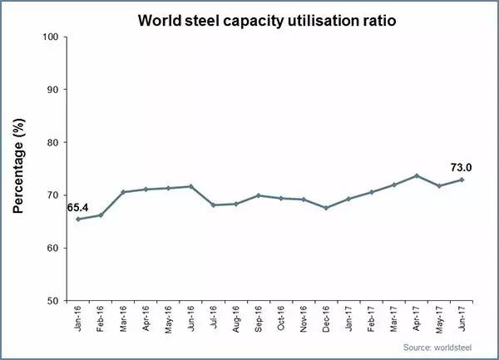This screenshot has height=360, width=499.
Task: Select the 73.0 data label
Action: point(462,165)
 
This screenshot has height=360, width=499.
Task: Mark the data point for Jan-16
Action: point(78,219)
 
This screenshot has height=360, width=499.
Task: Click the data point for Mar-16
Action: point(123,192)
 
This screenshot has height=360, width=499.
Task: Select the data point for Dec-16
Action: point(325,208)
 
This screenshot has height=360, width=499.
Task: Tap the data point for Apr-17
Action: point(416,175)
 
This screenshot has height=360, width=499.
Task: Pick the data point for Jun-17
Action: point(461,180)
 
